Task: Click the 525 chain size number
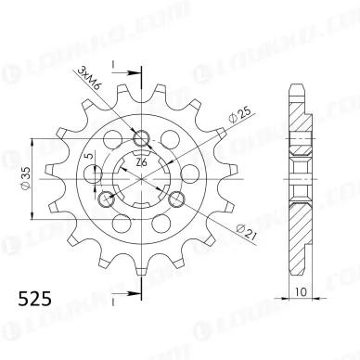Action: pyautogui.click(x=34, y=299)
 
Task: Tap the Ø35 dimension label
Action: pyautogui.click(x=26, y=178)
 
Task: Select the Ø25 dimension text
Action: pyautogui.click(x=240, y=115)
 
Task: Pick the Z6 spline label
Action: pyautogui.click(x=141, y=162)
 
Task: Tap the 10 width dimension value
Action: pyautogui.click(x=301, y=292)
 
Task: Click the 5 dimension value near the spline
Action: pyautogui.click(x=89, y=156)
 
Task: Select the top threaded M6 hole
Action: pyautogui.click(x=142, y=138)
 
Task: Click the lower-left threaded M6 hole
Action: pyautogui.click(x=106, y=199)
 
